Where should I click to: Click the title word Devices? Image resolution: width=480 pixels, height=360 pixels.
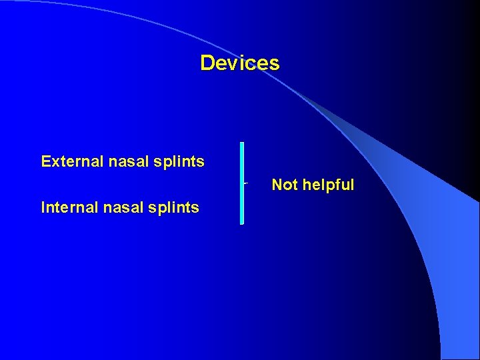click(x=239, y=63)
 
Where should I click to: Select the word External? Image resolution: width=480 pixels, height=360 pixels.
click(x=69, y=161)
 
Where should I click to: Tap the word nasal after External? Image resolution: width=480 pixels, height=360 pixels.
click(x=122, y=161)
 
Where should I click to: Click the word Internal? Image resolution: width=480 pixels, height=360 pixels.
click(x=67, y=207)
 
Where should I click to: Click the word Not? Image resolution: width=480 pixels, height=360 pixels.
click(x=285, y=185)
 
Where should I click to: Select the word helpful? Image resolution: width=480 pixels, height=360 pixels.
click(x=328, y=185)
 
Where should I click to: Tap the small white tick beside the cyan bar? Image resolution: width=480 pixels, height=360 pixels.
click(x=246, y=181)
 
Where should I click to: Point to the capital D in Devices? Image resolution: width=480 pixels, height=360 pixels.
click(x=207, y=63)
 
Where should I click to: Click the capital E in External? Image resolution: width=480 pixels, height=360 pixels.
click(x=45, y=161)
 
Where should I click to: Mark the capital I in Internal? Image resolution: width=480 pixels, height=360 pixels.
click(x=43, y=207)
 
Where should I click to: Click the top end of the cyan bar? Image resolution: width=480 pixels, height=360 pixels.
click(x=242, y=144)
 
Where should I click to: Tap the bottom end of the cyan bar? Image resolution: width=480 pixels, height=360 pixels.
click(x=242, y=222)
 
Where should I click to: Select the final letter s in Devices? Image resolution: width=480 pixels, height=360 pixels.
click(x=275, y=65)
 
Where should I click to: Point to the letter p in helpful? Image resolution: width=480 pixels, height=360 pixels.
click(x=327, y=186)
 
